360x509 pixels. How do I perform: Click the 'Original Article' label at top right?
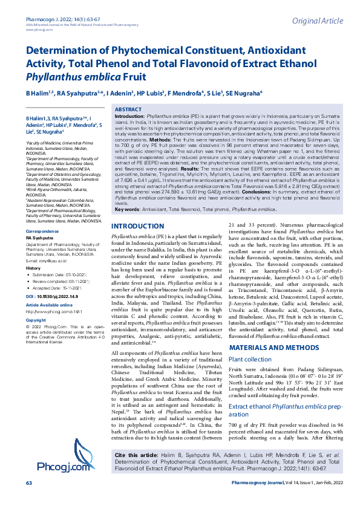pyautogui.click(x=317, y=22)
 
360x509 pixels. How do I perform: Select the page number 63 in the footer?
pyautogui.click(x=28, y=500)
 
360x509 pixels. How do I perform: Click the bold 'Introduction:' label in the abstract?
pyautogui.click(x=129, y=115)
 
